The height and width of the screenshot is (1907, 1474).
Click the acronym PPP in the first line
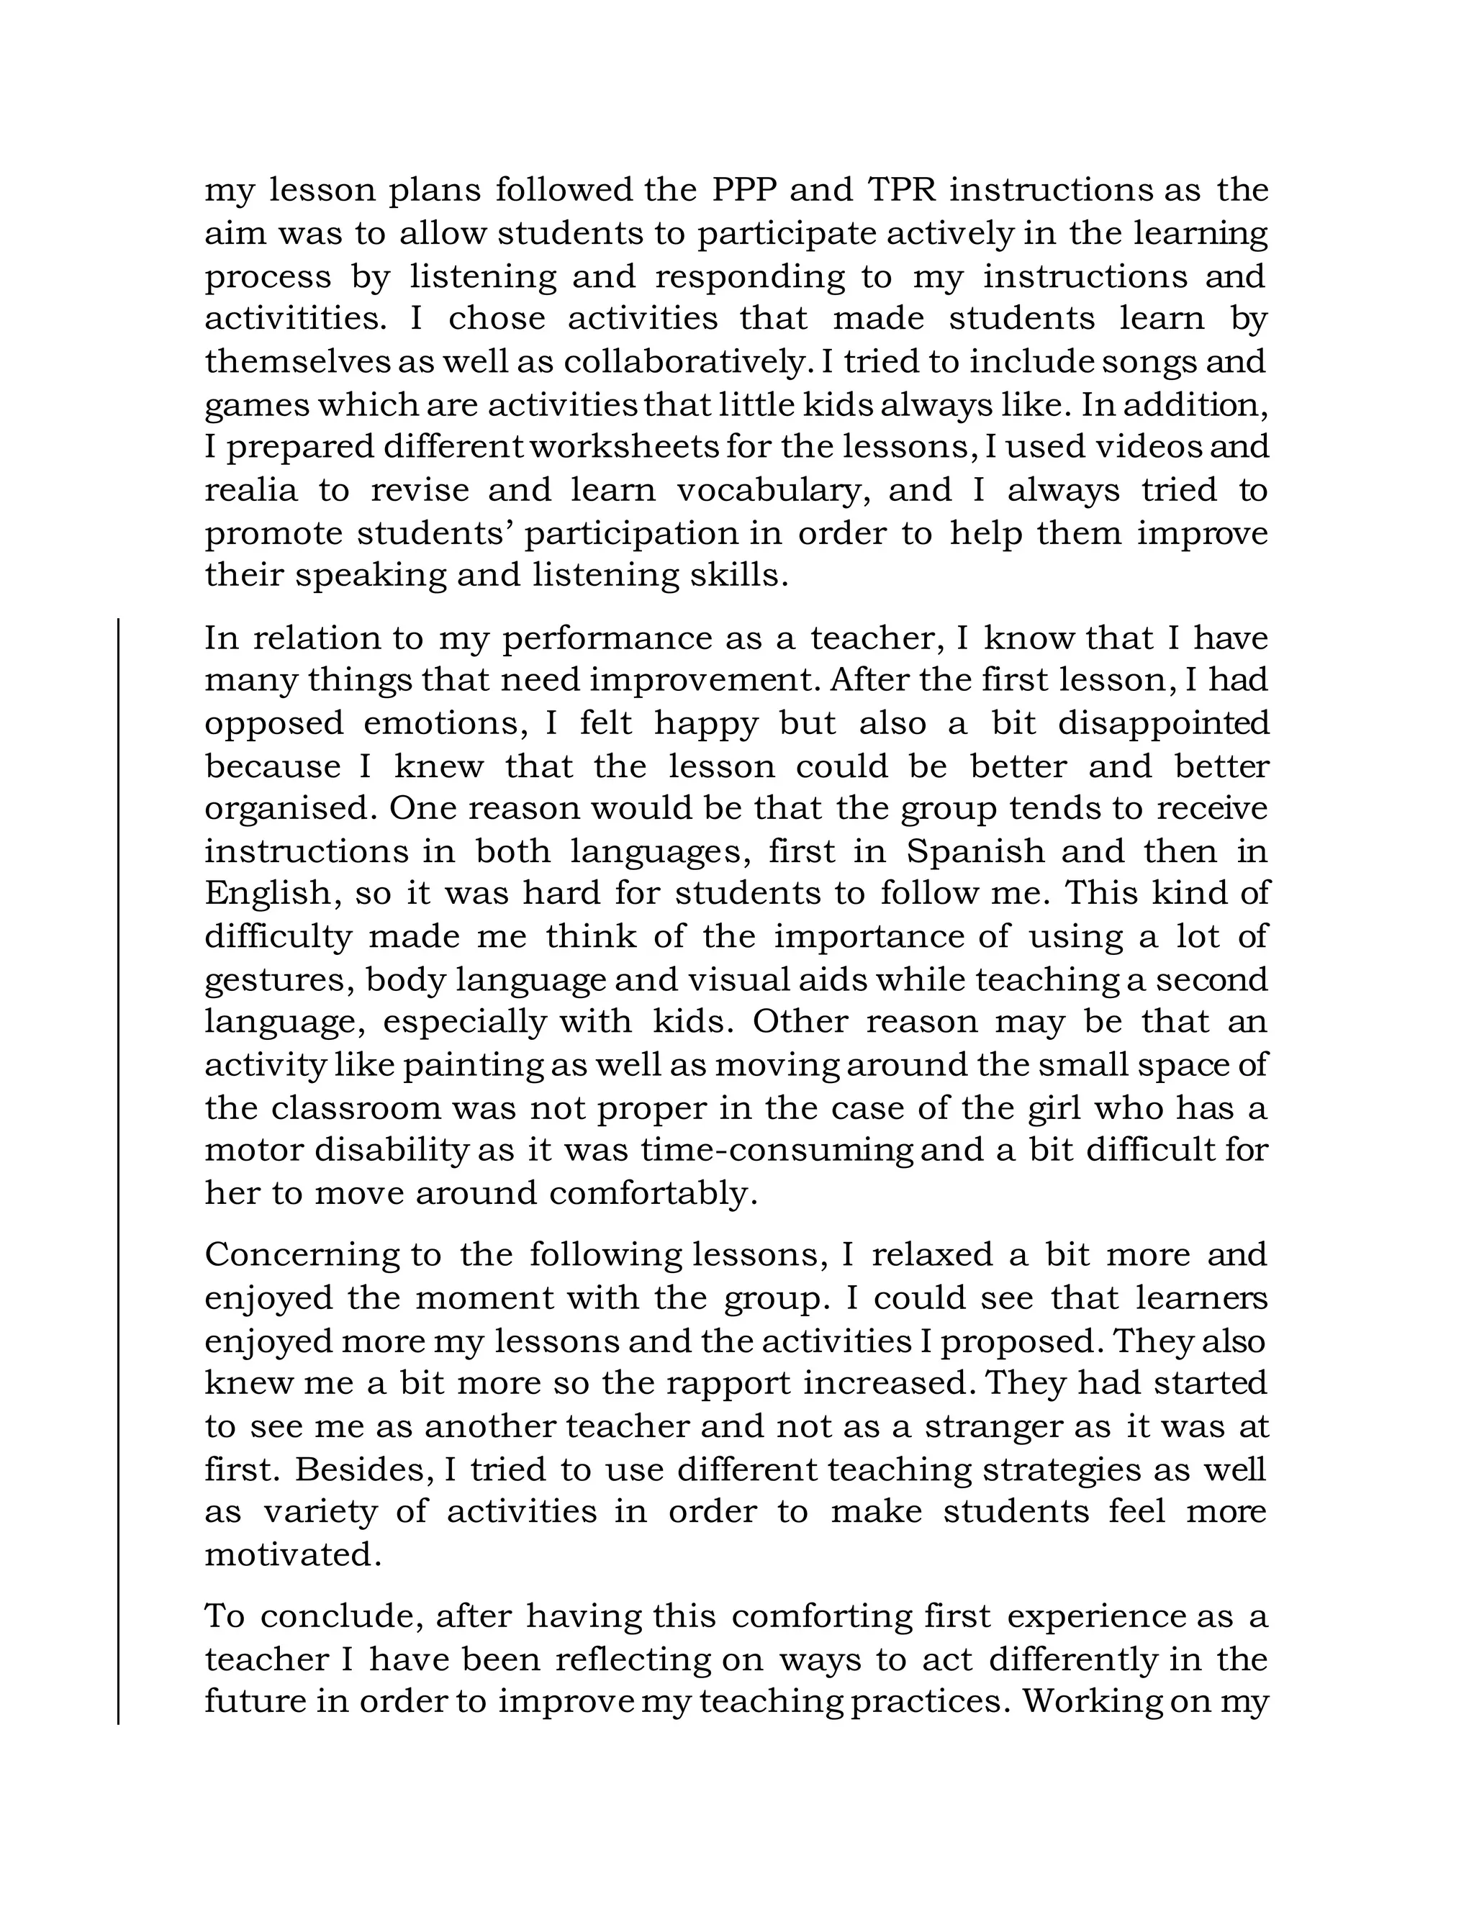click(742, 191)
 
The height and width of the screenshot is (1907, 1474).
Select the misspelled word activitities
click(295, 319)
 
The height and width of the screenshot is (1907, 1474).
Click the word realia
click(250, 490)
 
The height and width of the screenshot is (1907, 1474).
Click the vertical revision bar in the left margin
click(119, 1170)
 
